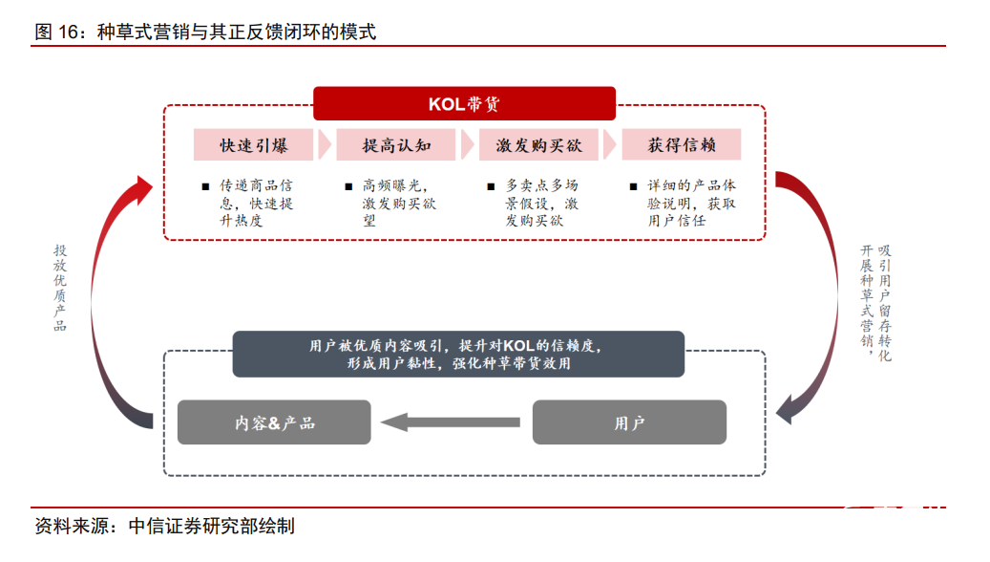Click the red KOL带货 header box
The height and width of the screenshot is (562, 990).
pos(464,103)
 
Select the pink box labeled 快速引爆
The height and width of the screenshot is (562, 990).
pos(254,145)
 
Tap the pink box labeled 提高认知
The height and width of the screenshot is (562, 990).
pos(396,145)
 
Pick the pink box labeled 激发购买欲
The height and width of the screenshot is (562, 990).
pos(538,145)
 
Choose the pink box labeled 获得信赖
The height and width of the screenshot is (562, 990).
pos(681,145)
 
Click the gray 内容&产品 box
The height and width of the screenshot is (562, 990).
pos(274,421)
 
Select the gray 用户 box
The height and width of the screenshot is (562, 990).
pos(629,421)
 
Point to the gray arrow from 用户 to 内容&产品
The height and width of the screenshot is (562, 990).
pos(451,421)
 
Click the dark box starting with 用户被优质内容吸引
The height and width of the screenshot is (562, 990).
pos(458,354)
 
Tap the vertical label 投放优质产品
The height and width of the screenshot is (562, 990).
pos(60,288)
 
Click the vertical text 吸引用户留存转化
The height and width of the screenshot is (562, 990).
pos(884,302)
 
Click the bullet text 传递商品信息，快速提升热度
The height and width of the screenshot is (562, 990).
pos(256,203)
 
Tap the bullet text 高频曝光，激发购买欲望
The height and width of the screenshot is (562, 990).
pos(399,203)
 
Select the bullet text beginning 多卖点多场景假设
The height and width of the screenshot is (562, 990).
pos(541,203)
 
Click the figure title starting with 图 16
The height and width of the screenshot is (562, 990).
pos(205,32)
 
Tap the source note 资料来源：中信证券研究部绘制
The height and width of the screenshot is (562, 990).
pos(164,526)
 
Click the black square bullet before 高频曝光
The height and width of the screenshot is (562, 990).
pos(348,186)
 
